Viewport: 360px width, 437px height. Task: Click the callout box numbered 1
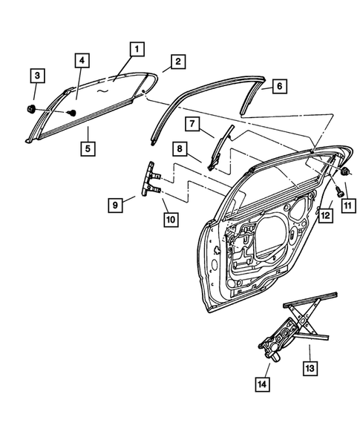(x=136, y=50)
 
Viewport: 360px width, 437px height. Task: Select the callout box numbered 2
(x=178, y=62)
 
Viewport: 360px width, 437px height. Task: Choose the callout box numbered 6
(x=280, y=86)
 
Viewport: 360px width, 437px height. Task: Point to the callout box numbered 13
(x=310, y=367)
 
